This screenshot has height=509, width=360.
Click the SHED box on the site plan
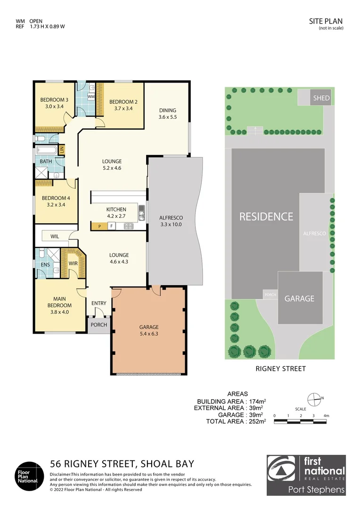click(x=322, y=99)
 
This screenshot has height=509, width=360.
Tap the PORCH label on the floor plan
click(x=98, y=325)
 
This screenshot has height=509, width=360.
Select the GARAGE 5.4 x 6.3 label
click(x=148, y=330)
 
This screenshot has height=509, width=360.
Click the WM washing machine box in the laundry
click(x=91, y=96)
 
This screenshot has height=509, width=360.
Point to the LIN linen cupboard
click(x=61, y=150)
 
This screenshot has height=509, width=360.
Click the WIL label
click(x=55, y=237)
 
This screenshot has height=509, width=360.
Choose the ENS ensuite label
click(x=45, y=265)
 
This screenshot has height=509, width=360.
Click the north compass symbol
click(x=313, y=398)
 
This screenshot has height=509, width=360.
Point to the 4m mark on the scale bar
click(x=326, y=416)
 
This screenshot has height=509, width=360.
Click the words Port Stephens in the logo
click(x=316, y=490)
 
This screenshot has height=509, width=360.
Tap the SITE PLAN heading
click(x=326, y=21)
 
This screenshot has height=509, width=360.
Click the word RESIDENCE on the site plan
click(x=266, y=217)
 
